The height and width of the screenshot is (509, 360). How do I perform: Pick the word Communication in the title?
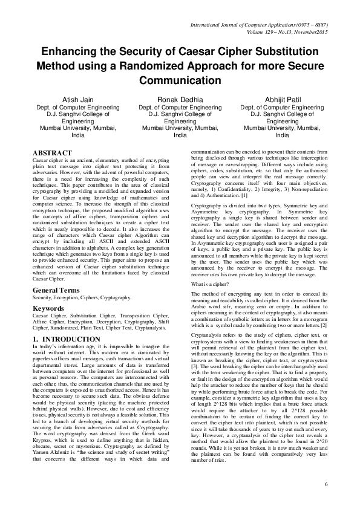coord(180,80)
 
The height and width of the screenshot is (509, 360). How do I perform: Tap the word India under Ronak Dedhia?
coord(180,135)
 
